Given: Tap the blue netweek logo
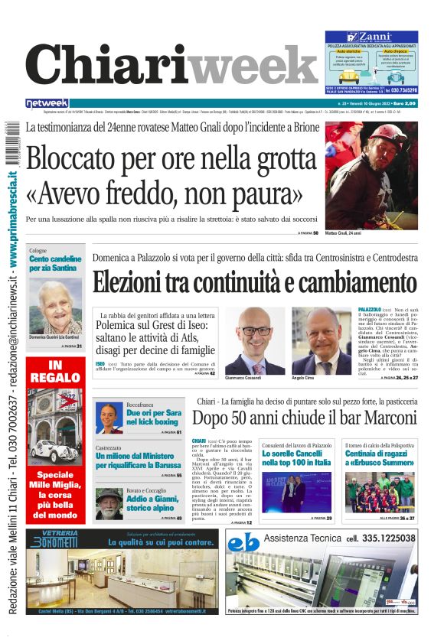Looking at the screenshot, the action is coord(47,102).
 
